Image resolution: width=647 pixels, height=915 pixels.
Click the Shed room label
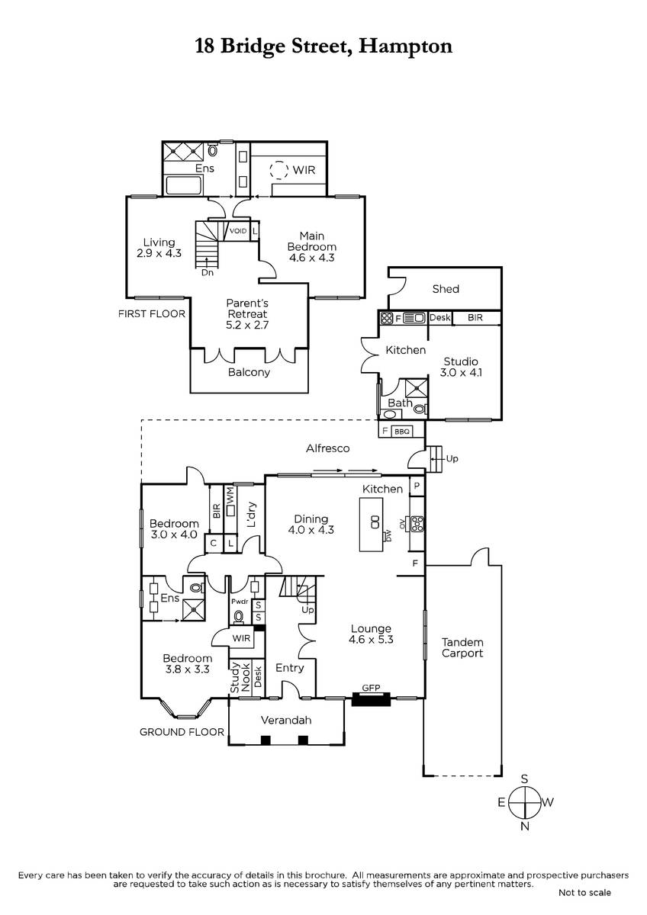[446, 289]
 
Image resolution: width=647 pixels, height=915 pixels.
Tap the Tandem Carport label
[462, 648]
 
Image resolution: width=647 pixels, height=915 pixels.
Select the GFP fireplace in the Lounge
[371, 699]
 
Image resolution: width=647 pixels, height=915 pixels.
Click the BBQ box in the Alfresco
[402, 432]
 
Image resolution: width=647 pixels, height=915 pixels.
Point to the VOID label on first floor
[238, 231]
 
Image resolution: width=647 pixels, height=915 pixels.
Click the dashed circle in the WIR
[278, 169]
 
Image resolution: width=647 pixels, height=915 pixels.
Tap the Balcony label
[249, 372]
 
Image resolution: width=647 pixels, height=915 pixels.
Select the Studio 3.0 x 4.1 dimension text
[461, 373]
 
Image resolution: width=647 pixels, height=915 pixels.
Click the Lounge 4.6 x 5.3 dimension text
[371, 640]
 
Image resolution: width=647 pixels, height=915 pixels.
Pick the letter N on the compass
[525, 827]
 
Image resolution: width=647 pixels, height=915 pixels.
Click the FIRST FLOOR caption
[152, 313]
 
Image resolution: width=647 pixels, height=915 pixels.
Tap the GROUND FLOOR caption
[182, 732]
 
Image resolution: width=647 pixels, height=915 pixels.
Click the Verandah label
[286, 720]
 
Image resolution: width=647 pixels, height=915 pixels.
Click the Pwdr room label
[240, 602]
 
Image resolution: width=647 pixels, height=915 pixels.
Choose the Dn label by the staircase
[208, 273]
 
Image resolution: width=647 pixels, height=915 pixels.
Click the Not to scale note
[584, 893]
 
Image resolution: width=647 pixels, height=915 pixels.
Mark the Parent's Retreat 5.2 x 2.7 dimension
[247, 325]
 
